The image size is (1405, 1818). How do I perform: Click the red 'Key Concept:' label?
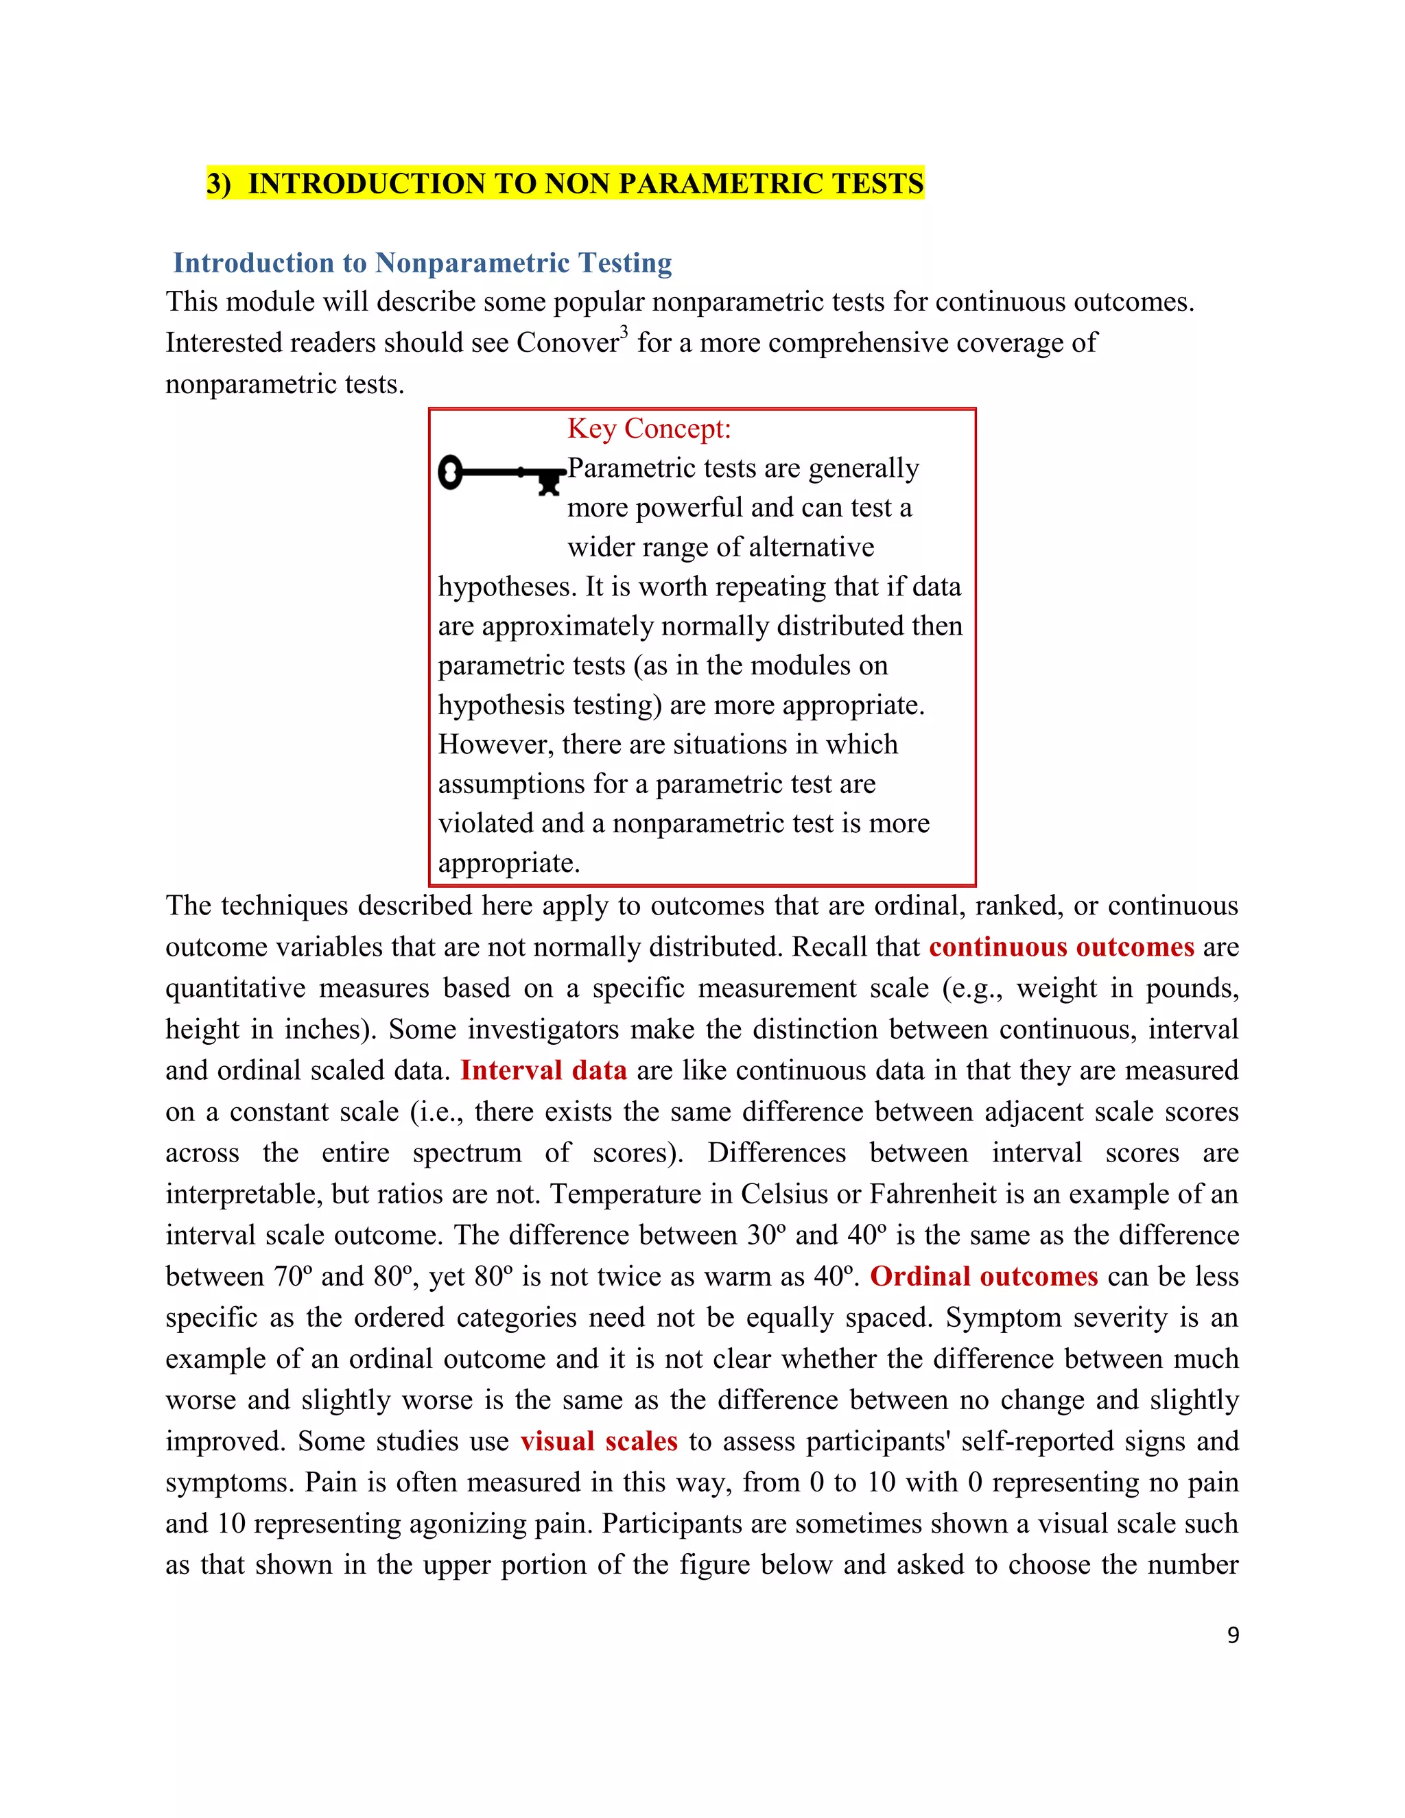pos(648,429)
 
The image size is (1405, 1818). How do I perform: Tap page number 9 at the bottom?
pos(1233,1635)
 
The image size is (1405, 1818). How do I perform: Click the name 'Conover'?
pos(567,343)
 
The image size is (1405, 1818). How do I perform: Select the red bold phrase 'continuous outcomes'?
pos(1061,947)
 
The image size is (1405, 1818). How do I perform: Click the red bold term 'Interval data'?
pos(543,1070)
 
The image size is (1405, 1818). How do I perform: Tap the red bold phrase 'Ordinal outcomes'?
pos(984,1276)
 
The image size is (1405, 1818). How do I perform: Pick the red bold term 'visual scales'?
pos(600,1441)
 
